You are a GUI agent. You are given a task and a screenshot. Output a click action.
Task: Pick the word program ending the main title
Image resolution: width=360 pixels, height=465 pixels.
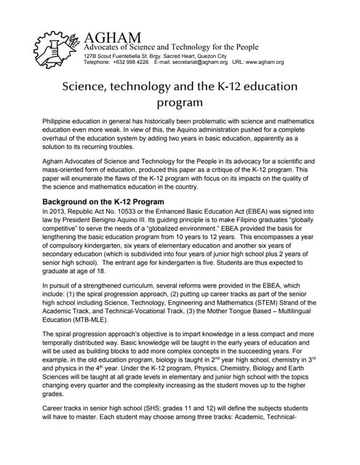(x=180, y=103)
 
